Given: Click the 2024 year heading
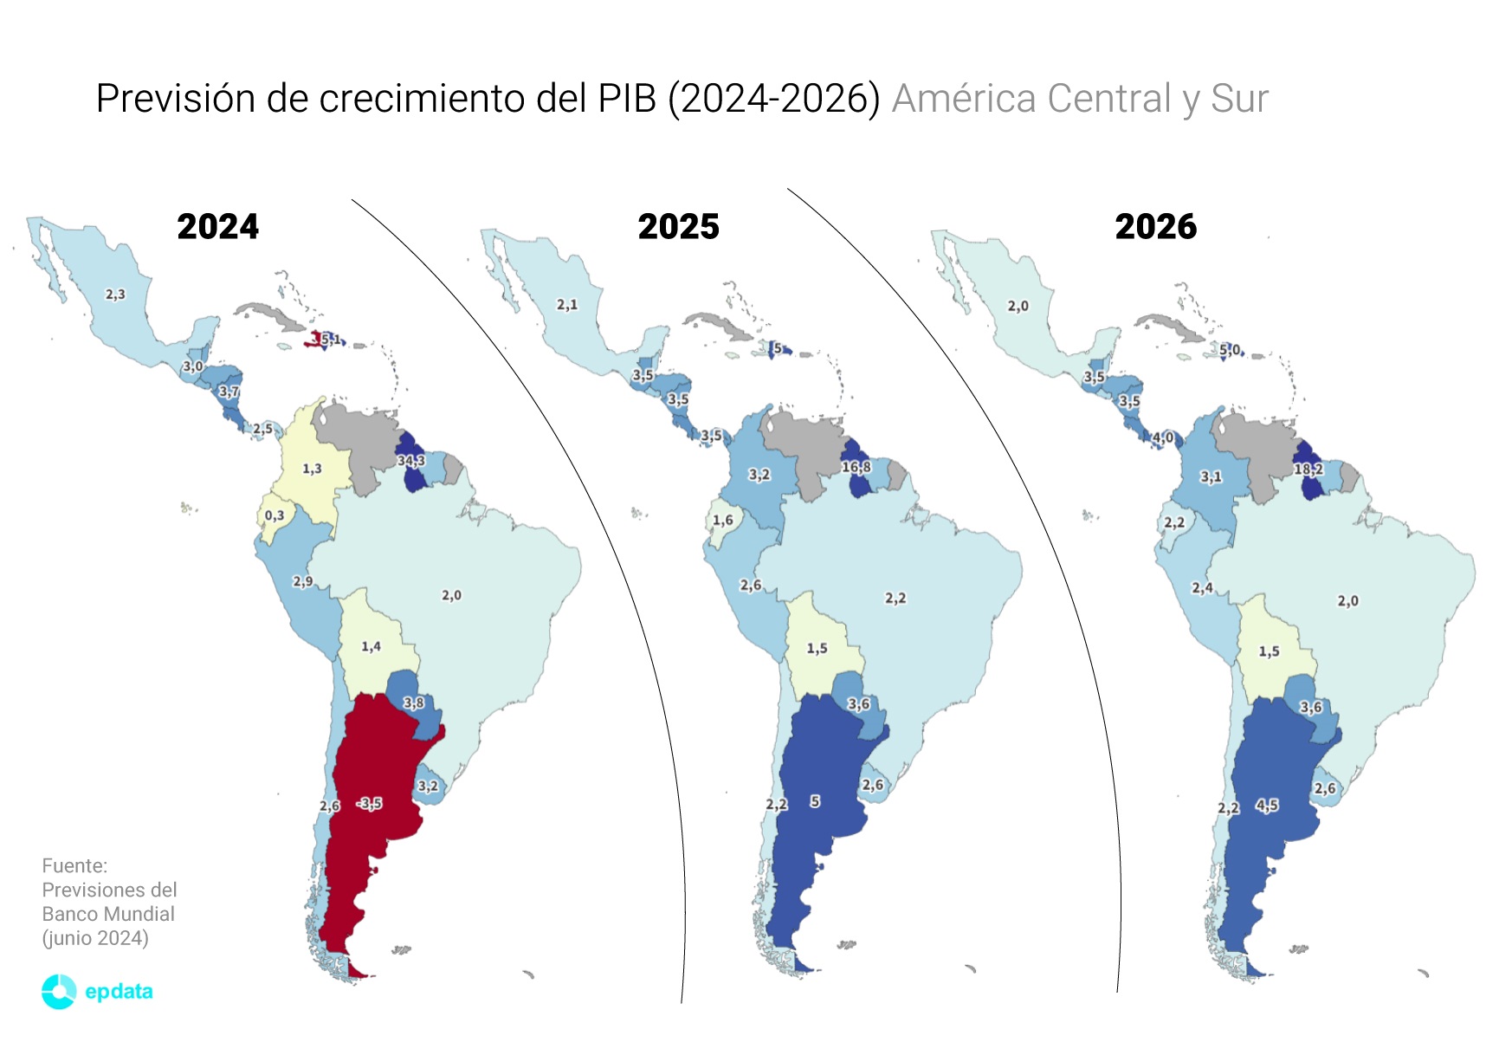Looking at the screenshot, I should coord(217,227).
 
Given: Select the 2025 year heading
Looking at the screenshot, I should coord(678,227).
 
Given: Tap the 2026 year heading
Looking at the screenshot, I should coord(1155,227).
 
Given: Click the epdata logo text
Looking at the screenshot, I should coord(119,991).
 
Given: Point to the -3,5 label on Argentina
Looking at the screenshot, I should coord(370,804).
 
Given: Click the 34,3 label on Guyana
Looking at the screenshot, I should coord(411,461).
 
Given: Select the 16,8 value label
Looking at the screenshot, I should coord(856,467).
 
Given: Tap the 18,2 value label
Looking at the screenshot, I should coord(1308,469).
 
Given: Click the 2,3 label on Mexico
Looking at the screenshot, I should coord(115,295).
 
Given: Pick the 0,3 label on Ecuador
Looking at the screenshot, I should coord(274,515).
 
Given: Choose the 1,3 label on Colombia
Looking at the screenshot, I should coord(312,469).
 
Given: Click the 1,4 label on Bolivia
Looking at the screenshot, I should coord(371,646).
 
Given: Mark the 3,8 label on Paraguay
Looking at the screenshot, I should coord(413,703).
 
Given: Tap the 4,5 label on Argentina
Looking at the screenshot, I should coord(1267,806).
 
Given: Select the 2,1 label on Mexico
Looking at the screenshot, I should coord(566,305).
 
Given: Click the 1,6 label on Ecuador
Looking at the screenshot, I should coord(722,521).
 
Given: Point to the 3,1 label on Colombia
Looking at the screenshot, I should coord(1211,477).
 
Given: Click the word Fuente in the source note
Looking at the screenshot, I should coord(74,865).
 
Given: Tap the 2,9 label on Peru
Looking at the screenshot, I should coord(302,581).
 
